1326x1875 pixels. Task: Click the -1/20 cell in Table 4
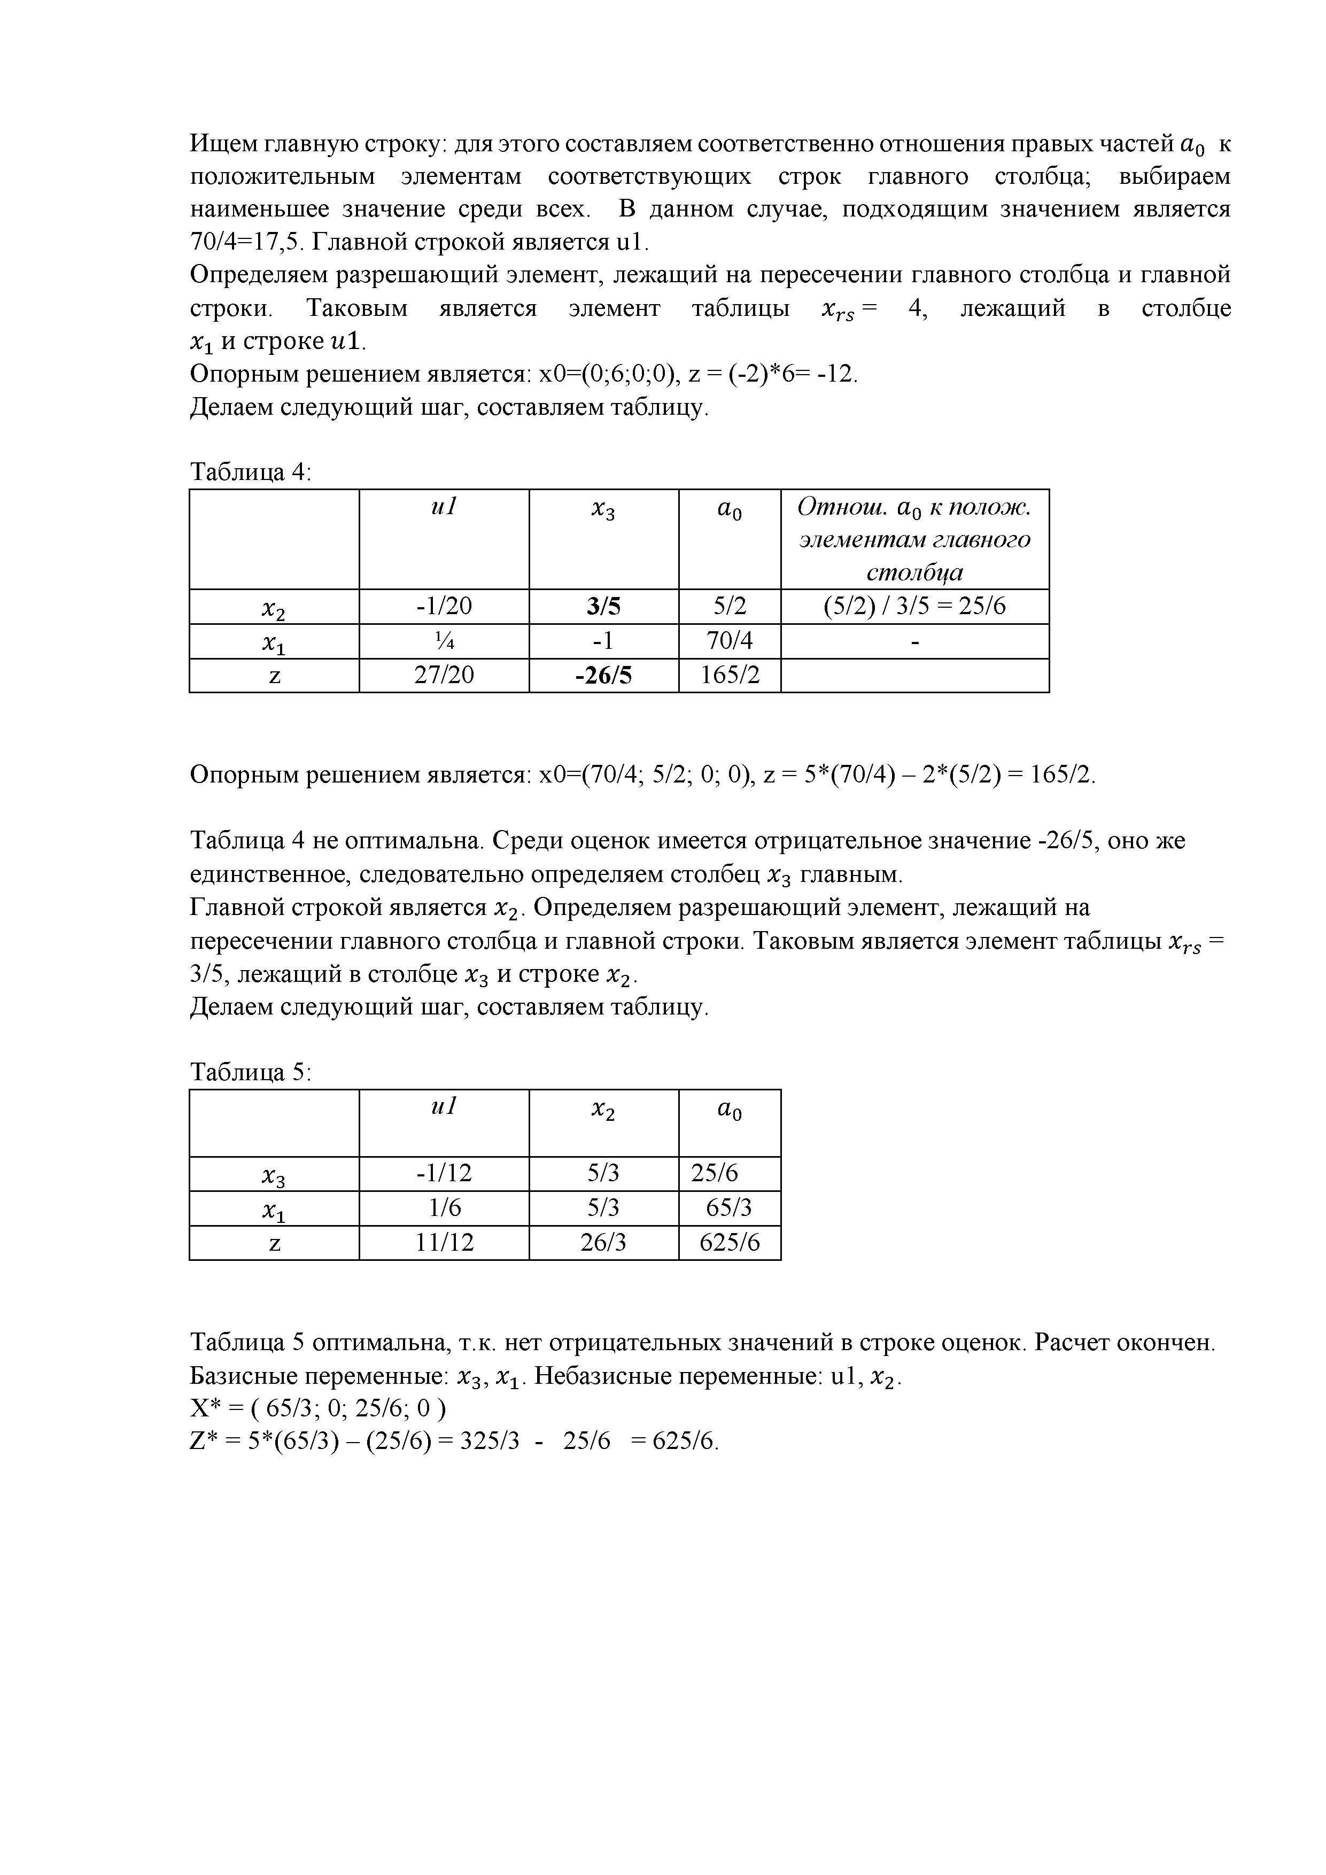click(x=444, y=606)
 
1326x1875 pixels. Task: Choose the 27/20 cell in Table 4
click(x=444, y=676)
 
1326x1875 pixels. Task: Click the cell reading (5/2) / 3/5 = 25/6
click(x=914, y=606)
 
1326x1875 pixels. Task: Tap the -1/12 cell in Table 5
click(x=444, y=1174)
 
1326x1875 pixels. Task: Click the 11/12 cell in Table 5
click(x=444, y=1243)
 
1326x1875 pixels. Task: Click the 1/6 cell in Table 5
click(x=444, y=1208)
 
